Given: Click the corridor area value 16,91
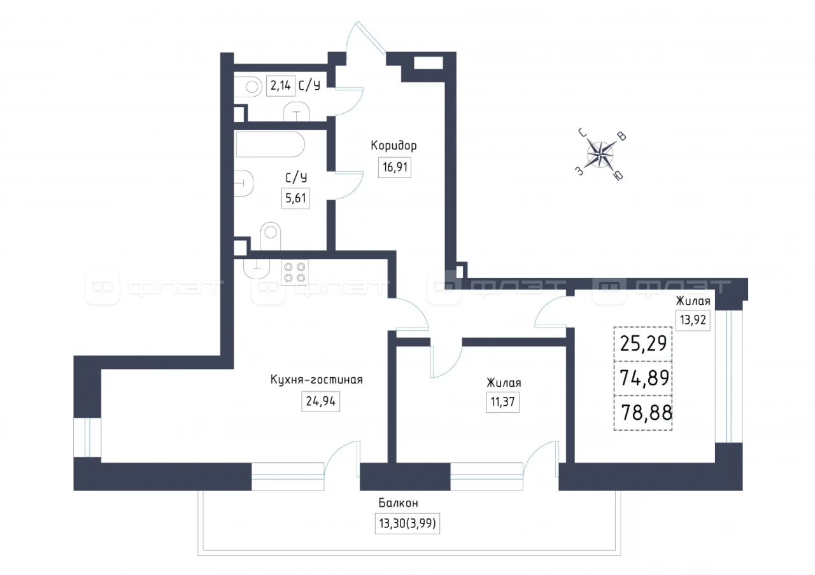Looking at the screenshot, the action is [395, 167].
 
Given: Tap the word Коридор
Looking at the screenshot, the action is [393, 146].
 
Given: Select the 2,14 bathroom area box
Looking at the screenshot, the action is [281, 86].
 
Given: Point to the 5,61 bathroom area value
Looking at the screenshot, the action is [295, 198].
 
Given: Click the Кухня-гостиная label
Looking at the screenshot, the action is [316, 380].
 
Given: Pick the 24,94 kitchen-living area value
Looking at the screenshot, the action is [320, 401].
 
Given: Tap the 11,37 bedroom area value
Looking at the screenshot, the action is [503, 402].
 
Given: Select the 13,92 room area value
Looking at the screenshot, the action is [693, 320].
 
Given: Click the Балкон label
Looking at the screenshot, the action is [399, 503].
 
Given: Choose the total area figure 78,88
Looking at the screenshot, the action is [646, 413].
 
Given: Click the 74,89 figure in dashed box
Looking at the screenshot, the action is [644, 378].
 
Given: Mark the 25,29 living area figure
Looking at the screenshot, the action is [643, 343].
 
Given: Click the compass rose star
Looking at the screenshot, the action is [600, 155].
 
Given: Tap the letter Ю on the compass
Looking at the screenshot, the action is [618, 176].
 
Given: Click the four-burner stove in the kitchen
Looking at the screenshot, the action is [295, 273].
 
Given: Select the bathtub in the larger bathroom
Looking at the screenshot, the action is [271, 144].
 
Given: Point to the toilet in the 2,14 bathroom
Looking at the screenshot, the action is [248, 87].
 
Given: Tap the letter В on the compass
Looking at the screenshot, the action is [623, 137].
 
